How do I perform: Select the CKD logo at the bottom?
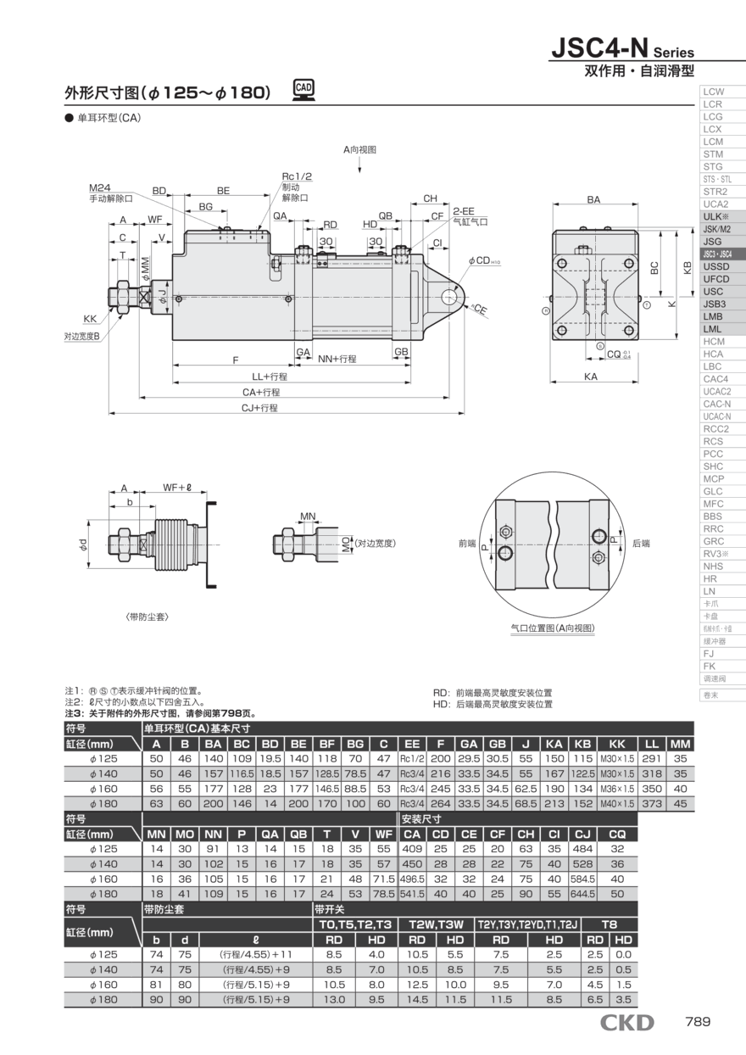coord(626,1022)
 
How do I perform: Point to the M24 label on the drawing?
coord(100,187)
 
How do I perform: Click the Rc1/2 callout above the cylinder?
coord(297,176)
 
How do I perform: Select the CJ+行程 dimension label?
coord(260,408)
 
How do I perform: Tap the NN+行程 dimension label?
coord(337,360)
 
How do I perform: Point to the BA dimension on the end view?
coord(593,200)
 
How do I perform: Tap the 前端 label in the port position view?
coord(467,543)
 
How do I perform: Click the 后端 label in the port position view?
coord(641,543)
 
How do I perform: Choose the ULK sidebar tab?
coord(715,216)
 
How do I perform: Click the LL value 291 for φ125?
coord(651,758)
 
